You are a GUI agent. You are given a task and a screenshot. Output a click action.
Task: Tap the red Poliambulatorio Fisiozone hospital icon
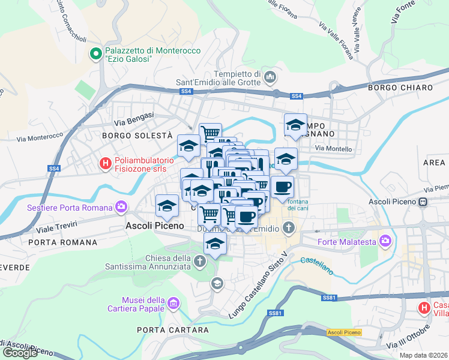coord(106,162)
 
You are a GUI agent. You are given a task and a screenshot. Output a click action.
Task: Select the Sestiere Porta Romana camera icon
coord(122,208)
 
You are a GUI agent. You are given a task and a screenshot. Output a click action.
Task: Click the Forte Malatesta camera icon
coord(385,242)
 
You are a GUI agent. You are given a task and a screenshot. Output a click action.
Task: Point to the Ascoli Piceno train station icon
coord(423,202)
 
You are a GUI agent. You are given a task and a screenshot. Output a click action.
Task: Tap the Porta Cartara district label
coord(167,329)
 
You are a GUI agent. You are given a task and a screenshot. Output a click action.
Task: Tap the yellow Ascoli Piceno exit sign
coord(344,332)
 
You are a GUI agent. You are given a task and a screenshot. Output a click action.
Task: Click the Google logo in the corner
coord(20,352)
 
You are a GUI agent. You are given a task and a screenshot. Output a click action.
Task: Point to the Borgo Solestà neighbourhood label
coord(137,136)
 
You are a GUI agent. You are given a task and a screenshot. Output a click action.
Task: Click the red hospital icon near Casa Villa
coord(424,308)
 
